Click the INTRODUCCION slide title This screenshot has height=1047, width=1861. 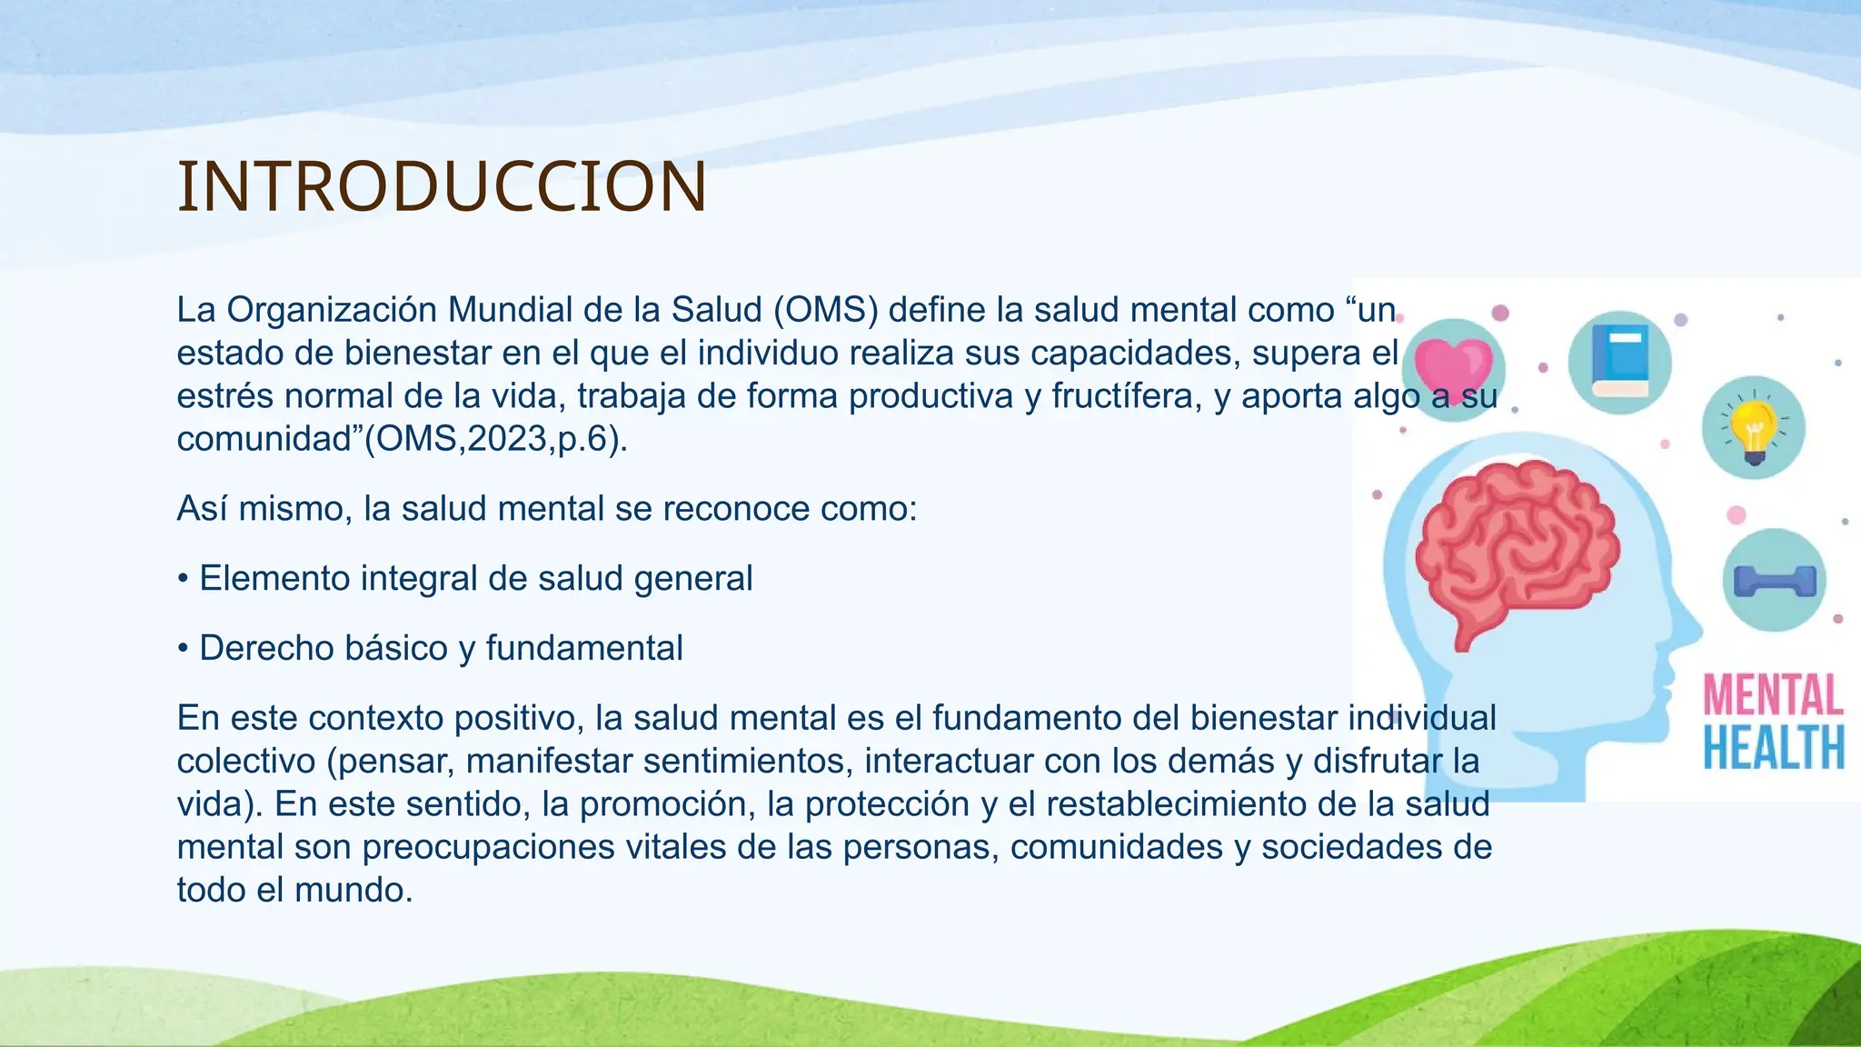coord(442,187)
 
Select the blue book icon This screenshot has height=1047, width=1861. coord(1620,362)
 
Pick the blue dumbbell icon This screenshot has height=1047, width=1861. coord(1774,581)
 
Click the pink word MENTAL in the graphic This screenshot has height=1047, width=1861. coord(1772,695)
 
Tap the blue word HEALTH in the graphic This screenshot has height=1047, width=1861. coord(1772,748)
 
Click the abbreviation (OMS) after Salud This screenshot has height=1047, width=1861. coord(825,311)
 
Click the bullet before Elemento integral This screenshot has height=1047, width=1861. coord(184,579)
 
